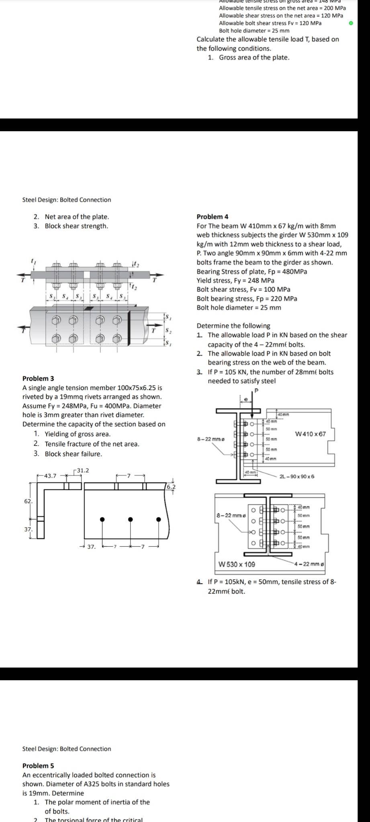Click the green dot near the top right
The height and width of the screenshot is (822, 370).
tap(351, 23)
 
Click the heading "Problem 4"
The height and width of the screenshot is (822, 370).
tap(213, 217)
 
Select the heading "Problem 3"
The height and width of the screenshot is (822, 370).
tap(38, 378)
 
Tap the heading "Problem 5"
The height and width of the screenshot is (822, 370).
tap(38, 765)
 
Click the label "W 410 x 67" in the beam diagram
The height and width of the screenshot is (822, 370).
tap(310, 434)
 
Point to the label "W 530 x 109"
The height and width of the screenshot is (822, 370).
tap(237, 564)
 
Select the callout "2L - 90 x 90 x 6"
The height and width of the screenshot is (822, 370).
tap(297, 476)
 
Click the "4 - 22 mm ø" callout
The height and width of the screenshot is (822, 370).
tap(309, 564)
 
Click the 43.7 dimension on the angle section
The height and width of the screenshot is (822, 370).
tap(50, 476)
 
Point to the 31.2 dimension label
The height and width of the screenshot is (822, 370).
tap(83, 470)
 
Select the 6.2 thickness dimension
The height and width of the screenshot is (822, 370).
tap(171, 486)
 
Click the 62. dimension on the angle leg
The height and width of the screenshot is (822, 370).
tap(29, 501)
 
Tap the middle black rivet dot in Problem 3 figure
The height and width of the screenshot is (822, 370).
tap(130, 519)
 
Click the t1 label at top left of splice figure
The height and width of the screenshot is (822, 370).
tap(33, 261)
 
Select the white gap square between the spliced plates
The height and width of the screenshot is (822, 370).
tap(86, 275)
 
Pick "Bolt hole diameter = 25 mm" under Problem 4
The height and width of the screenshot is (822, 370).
tap(239, 307)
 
